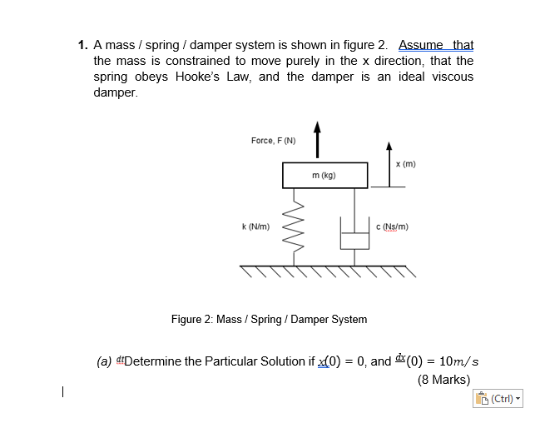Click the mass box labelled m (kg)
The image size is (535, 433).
323,175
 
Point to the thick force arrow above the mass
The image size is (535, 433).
316,139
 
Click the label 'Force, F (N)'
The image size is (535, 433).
273,141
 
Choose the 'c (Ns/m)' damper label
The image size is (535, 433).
392,226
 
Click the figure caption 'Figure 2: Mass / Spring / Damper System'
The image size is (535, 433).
269,319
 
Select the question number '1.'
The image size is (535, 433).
83,45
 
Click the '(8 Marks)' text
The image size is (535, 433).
443,380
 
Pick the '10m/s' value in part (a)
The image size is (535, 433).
457,361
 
